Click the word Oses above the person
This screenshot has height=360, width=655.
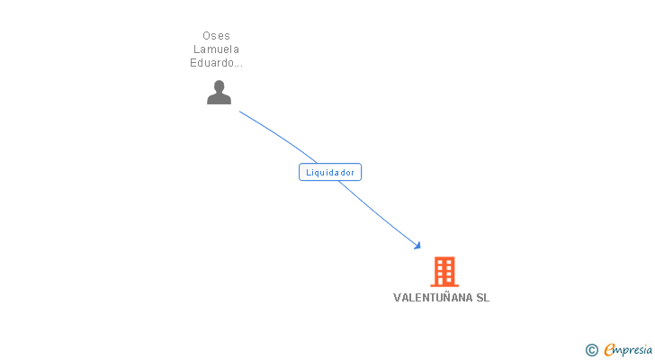216,36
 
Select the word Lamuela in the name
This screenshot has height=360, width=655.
216,49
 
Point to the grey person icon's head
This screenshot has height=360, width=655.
219,85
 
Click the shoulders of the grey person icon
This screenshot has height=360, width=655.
219,98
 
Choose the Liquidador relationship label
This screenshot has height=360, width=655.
330,172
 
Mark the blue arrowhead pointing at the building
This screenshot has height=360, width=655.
417,245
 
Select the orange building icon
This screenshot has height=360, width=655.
444,271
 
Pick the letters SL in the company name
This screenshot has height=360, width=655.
483,298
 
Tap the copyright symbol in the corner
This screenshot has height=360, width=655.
592,350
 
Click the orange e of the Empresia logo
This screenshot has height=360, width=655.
609,350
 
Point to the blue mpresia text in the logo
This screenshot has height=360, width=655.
634,350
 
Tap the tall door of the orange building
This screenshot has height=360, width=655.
444,279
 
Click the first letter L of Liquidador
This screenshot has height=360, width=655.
309,172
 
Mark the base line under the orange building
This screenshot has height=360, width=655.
444,285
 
